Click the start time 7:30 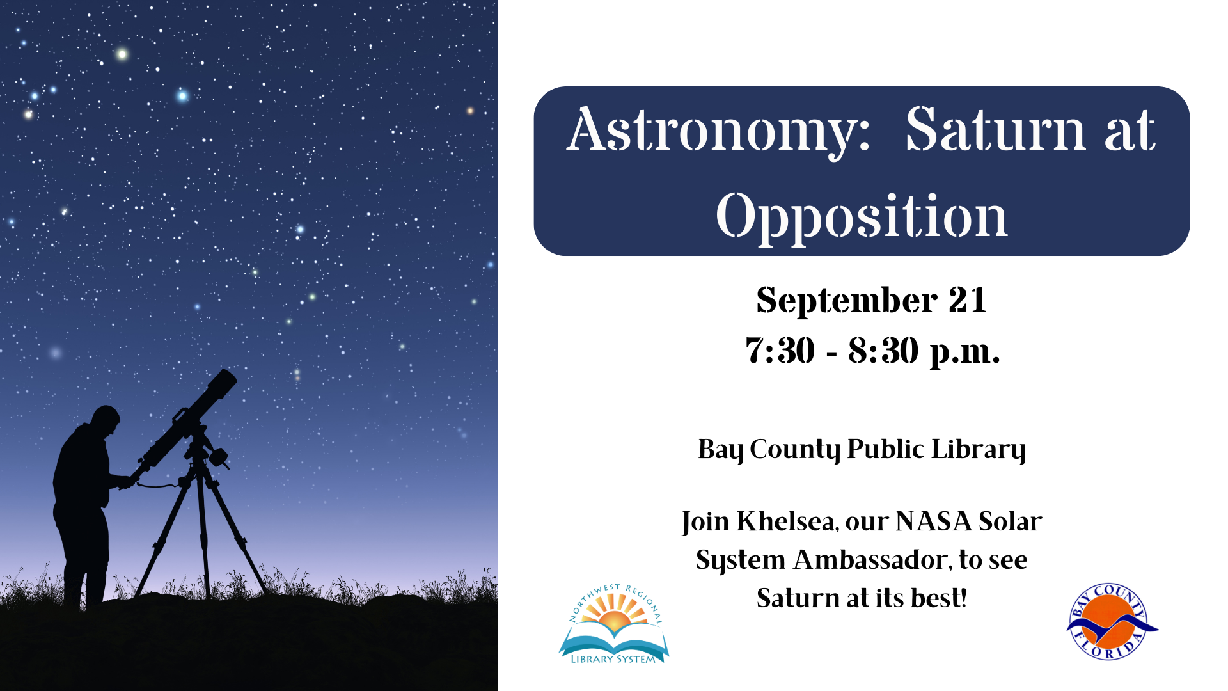tap(780, 351)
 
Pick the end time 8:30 tap(883, 351)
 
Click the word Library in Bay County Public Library tap(979, 450)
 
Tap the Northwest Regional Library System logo tap(614, 624)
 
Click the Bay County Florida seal tap(1112, 621)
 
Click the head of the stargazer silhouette tap(106, 419)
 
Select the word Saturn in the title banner tap(995, 131)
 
